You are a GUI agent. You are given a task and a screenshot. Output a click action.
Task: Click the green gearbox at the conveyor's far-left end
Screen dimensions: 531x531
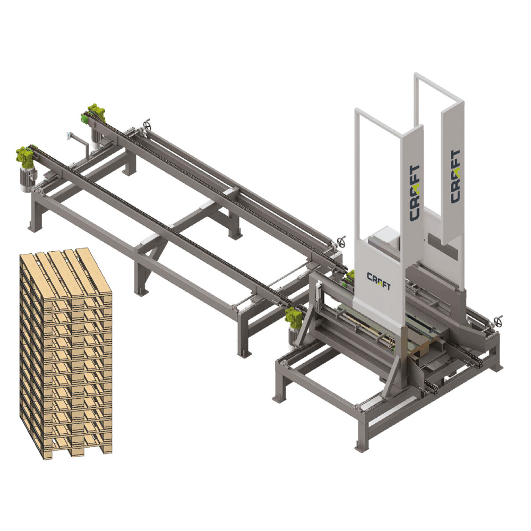(25, 156)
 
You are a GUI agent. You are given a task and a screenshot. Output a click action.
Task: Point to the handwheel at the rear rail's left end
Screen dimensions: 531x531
(147, 125)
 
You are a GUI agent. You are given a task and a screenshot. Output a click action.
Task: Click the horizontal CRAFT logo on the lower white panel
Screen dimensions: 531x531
(379, 281)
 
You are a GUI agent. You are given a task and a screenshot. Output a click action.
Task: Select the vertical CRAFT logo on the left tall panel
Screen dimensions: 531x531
(415, 193)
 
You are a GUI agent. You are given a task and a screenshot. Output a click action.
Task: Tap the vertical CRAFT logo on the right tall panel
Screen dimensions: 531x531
(455, 176)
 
